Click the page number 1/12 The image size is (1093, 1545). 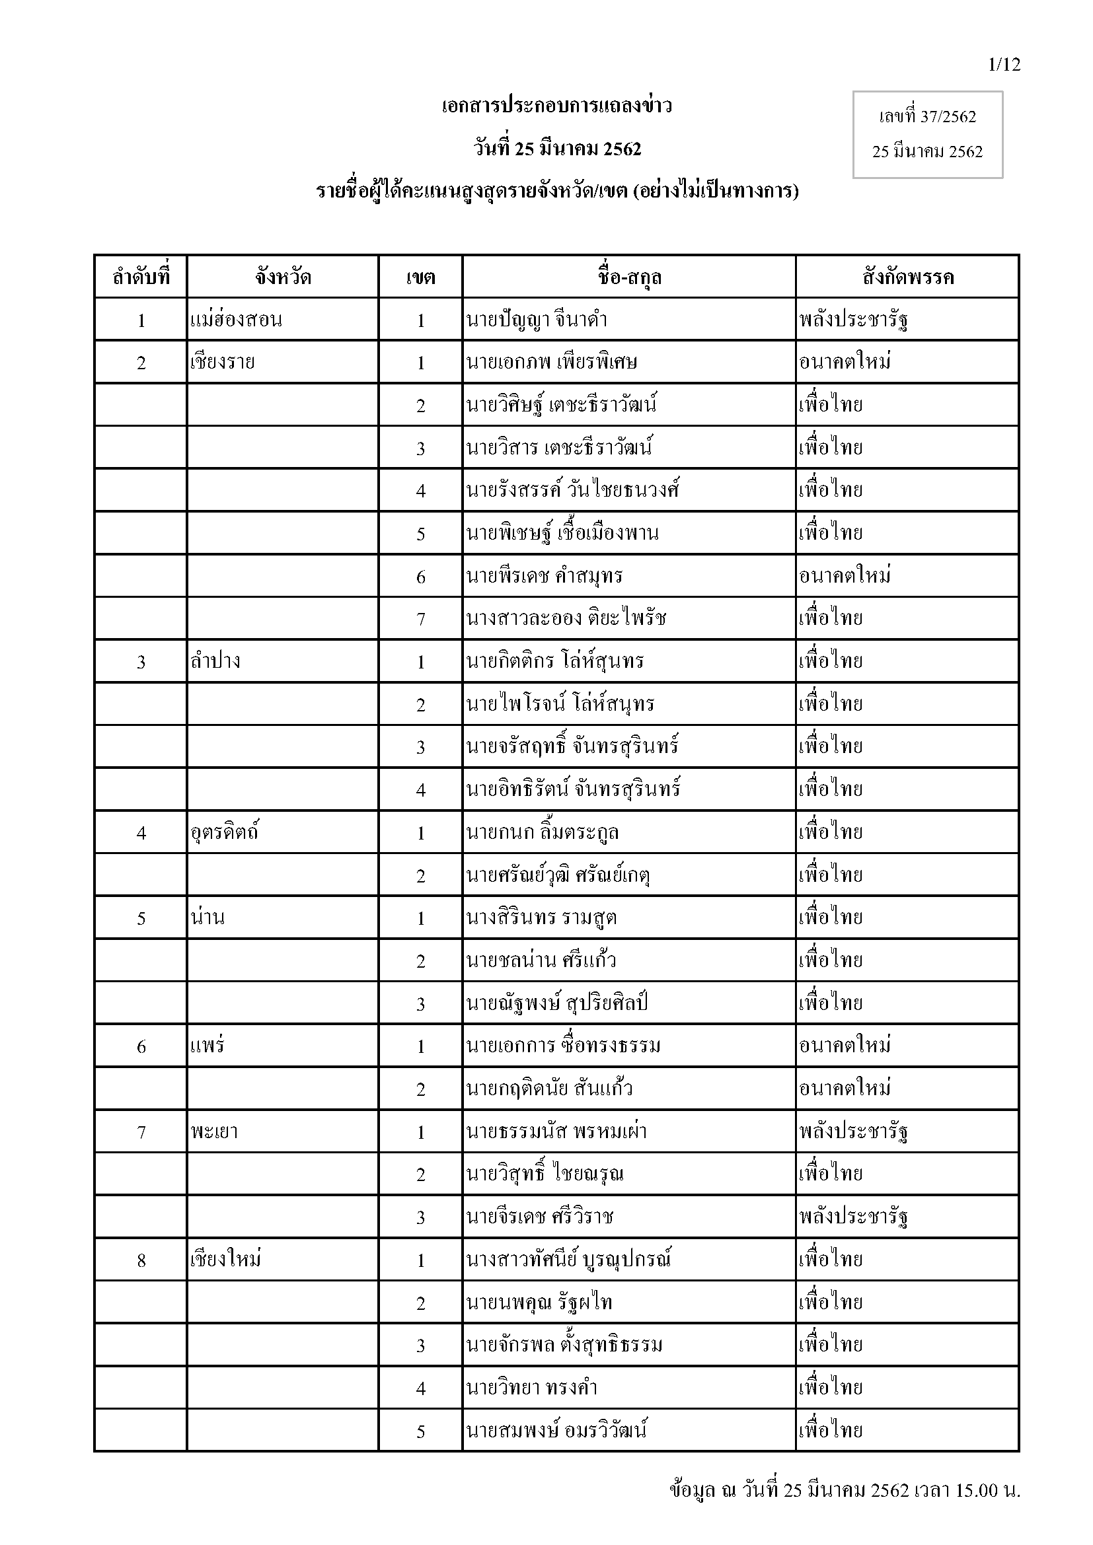click(1004, 65)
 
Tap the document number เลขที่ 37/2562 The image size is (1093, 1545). click(926, 117)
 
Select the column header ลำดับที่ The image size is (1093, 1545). click(141, 277)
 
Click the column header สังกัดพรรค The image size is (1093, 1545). click(907, 277)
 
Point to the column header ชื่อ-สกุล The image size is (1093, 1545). click(628, 277)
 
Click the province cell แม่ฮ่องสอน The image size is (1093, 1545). click(236, 320)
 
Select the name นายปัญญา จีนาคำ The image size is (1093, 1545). click(537, 320)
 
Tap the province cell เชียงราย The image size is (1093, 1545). click(223, 363)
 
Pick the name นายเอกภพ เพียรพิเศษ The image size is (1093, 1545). click(551, 363)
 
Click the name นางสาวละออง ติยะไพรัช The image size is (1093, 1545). click(566, 618)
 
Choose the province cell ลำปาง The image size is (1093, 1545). click(215, 661)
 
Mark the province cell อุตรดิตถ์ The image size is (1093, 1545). click(225, 832)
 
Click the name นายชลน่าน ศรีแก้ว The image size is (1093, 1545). click(541, 960)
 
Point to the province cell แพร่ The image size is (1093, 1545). click(207, 1046)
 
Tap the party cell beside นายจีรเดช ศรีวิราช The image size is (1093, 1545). click(854, 1217)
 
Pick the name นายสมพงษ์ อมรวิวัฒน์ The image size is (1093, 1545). click(556, 1431)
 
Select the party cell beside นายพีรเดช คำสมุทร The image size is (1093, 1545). click(845, 576)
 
